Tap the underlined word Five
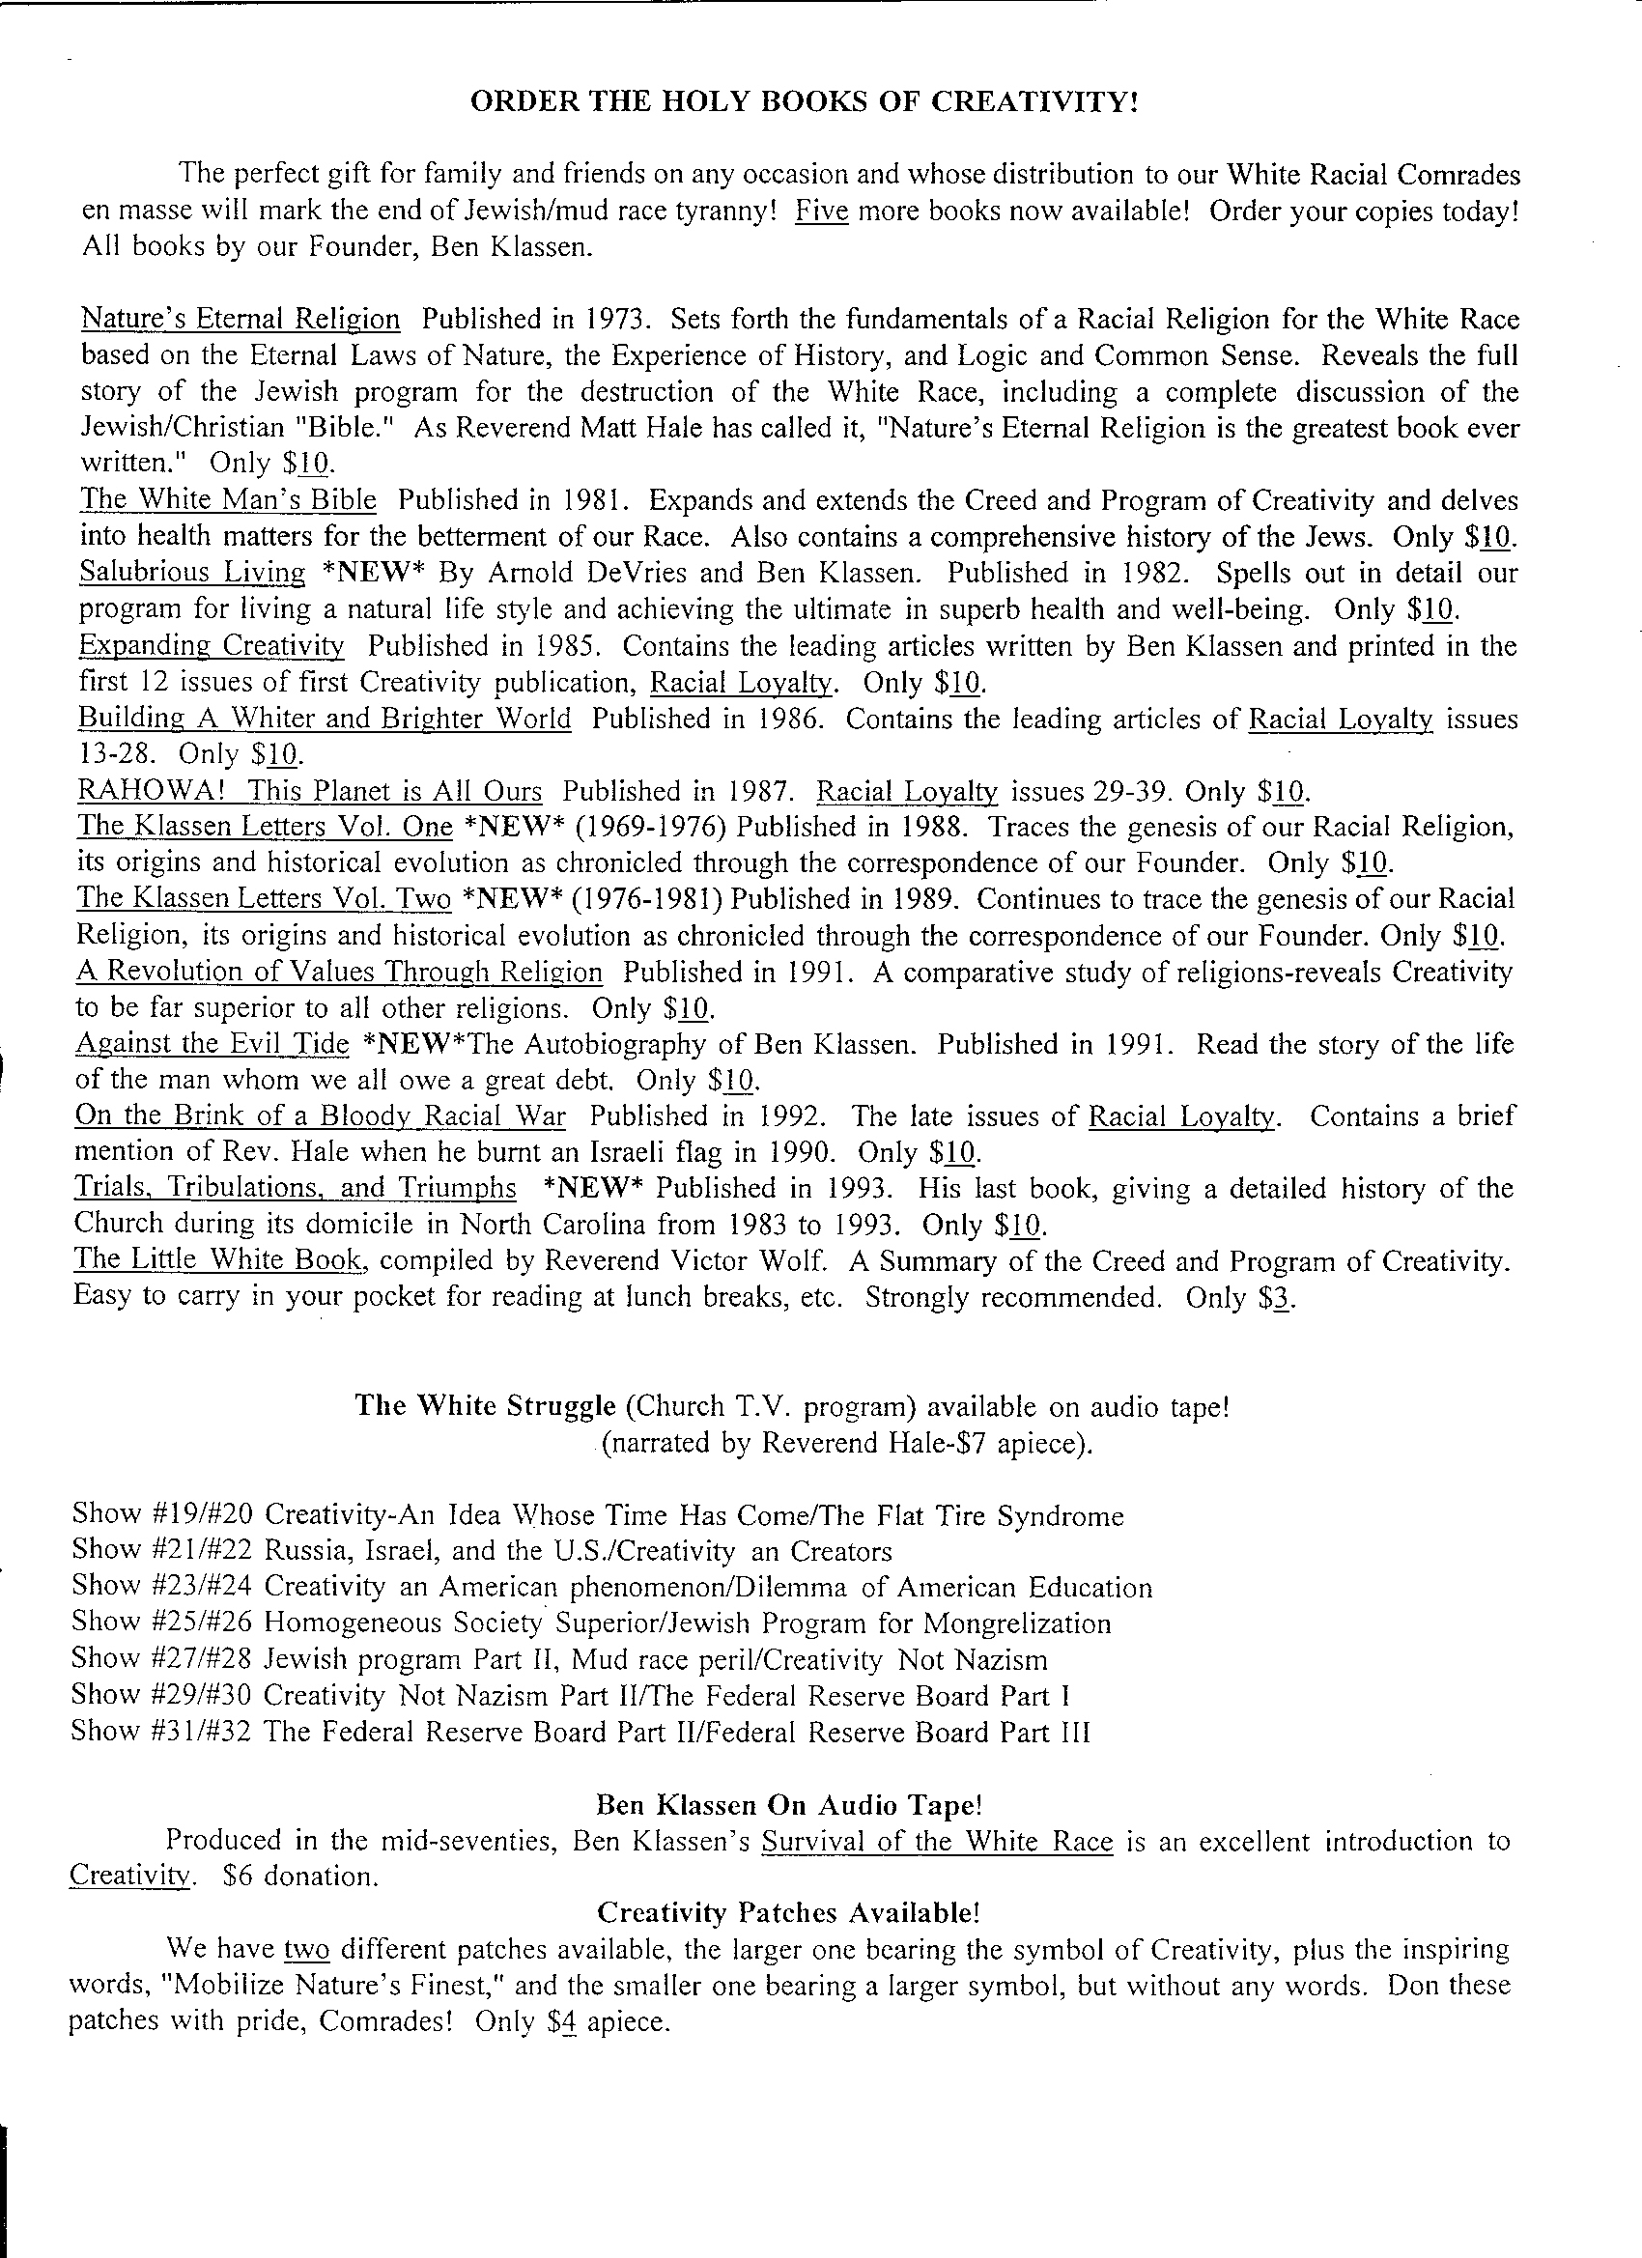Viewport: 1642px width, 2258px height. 822,212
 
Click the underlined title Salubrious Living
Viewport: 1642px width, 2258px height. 192,573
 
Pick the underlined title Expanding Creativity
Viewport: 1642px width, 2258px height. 212,645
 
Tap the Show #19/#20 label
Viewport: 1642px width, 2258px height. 162,1515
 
